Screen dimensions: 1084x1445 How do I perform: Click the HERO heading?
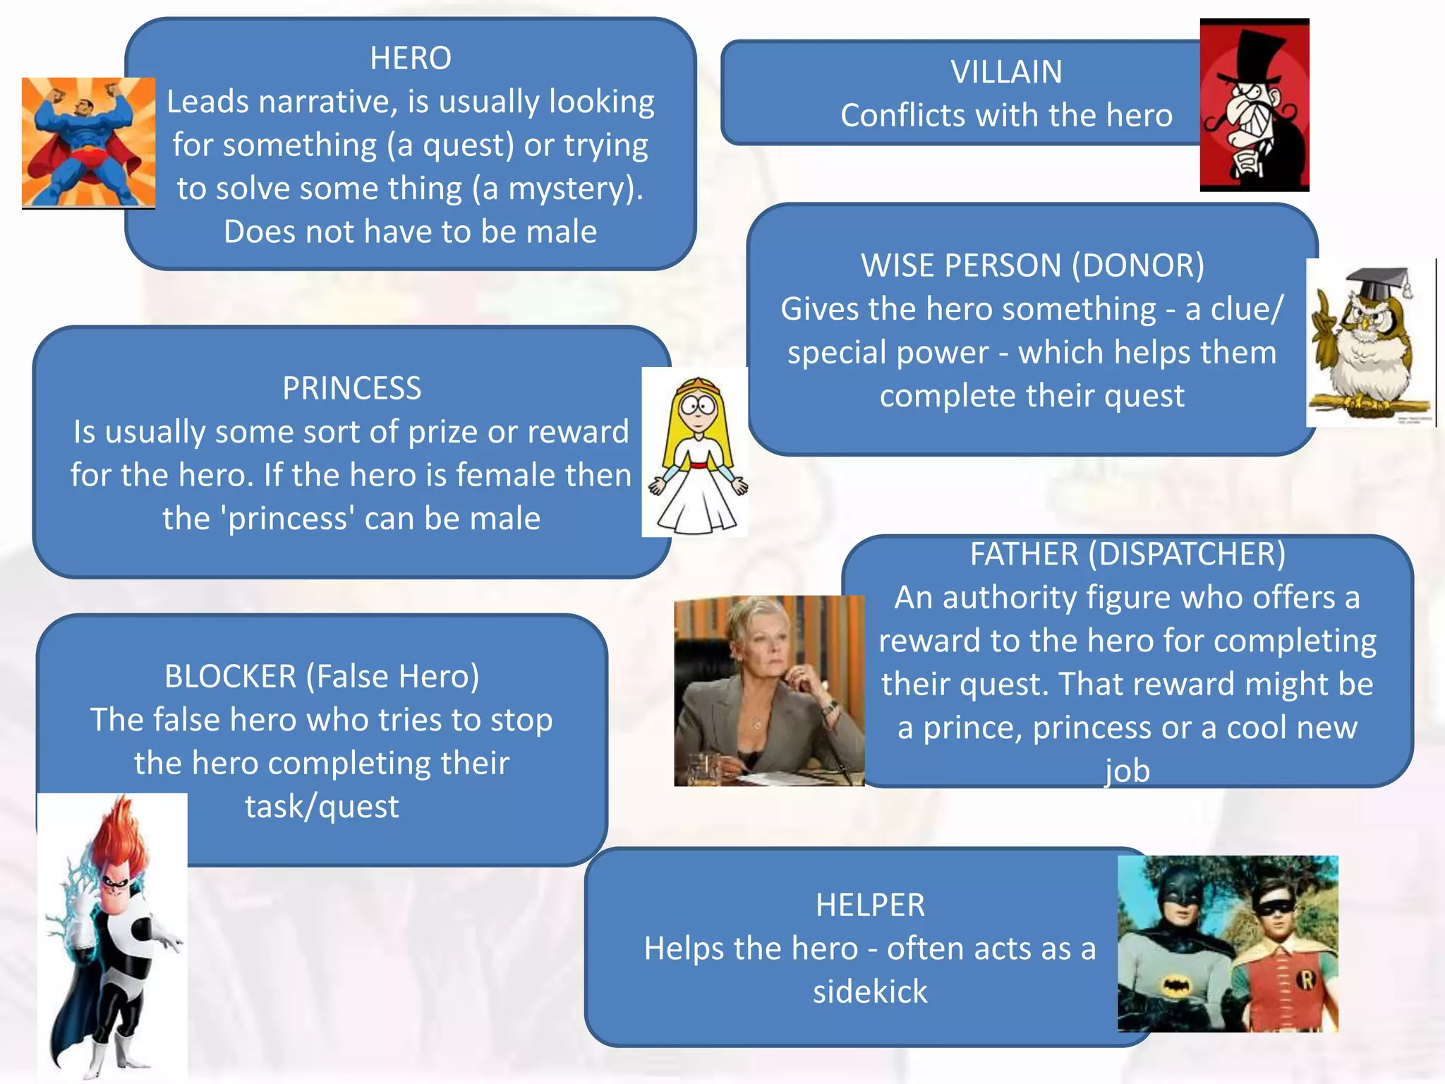[410, 58]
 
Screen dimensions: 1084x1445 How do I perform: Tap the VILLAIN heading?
[1005, 72]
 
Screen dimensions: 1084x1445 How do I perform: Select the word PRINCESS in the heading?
[351, 388]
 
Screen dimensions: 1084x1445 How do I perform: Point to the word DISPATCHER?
[1187, 554]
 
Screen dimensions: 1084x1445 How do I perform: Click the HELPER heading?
[869, 905]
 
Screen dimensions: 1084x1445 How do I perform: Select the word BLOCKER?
[230, 677]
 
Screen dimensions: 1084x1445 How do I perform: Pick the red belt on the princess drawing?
[697, 465]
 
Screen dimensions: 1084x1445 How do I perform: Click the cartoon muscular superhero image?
[88, 143]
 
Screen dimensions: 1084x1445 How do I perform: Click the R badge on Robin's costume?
[1306, 980]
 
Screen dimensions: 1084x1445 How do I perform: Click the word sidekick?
[869, 992]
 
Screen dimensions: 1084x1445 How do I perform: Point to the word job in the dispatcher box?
[1127, 771]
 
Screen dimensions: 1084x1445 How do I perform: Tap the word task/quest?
[322, 807]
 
